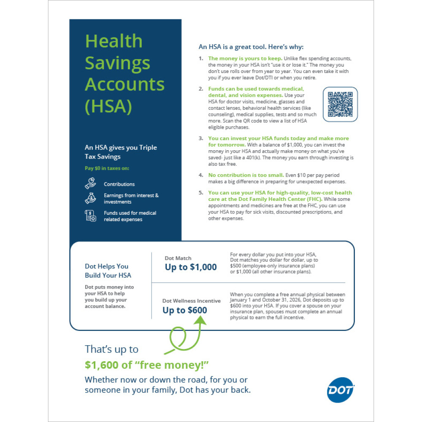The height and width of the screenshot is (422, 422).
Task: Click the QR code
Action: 340,104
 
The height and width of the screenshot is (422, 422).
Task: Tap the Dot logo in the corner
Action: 341,392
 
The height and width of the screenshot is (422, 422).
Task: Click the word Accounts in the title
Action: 124,84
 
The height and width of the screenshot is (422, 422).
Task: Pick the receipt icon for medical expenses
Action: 90,216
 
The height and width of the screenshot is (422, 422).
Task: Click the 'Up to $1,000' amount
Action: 191,267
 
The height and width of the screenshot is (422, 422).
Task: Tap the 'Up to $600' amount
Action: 185,310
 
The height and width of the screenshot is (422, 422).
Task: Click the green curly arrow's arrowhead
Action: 201,319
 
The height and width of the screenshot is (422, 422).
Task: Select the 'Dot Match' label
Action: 178,258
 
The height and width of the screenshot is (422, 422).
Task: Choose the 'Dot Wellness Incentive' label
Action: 192,301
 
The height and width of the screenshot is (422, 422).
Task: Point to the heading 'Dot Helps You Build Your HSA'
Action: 108,271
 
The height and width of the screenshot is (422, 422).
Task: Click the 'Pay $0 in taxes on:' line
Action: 107,168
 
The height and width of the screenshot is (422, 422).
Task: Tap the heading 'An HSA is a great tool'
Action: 251,47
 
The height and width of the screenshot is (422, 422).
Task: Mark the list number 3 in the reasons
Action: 201,138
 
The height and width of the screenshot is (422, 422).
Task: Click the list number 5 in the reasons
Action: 201,192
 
